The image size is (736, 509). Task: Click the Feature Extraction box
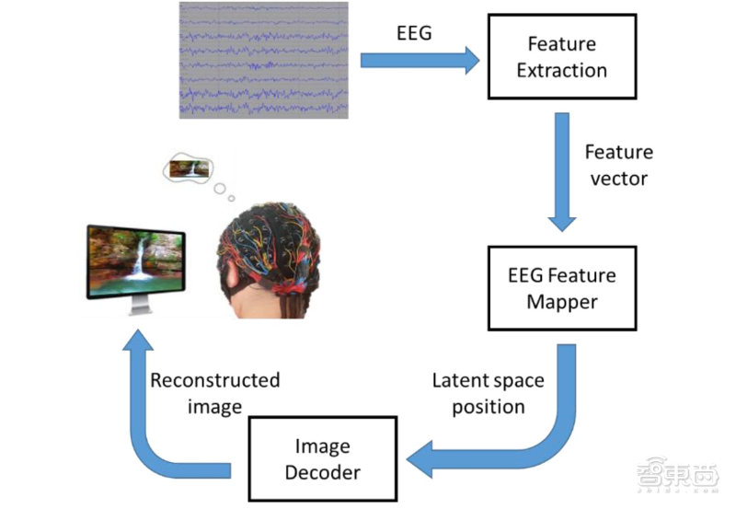[561, 57]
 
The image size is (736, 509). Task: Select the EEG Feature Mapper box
[561, 288]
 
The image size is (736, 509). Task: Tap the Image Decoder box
[322, 460]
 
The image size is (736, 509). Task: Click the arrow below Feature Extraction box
[561, 171]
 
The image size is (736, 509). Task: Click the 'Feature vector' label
[618, 164]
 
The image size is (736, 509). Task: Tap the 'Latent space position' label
[488, 393]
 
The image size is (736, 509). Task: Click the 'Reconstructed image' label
[215, 393]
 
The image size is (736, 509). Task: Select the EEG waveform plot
[264, 60]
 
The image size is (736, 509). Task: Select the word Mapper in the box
[561, 300]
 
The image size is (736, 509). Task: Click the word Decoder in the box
[322, 473]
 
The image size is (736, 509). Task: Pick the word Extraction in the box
[561, 71]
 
